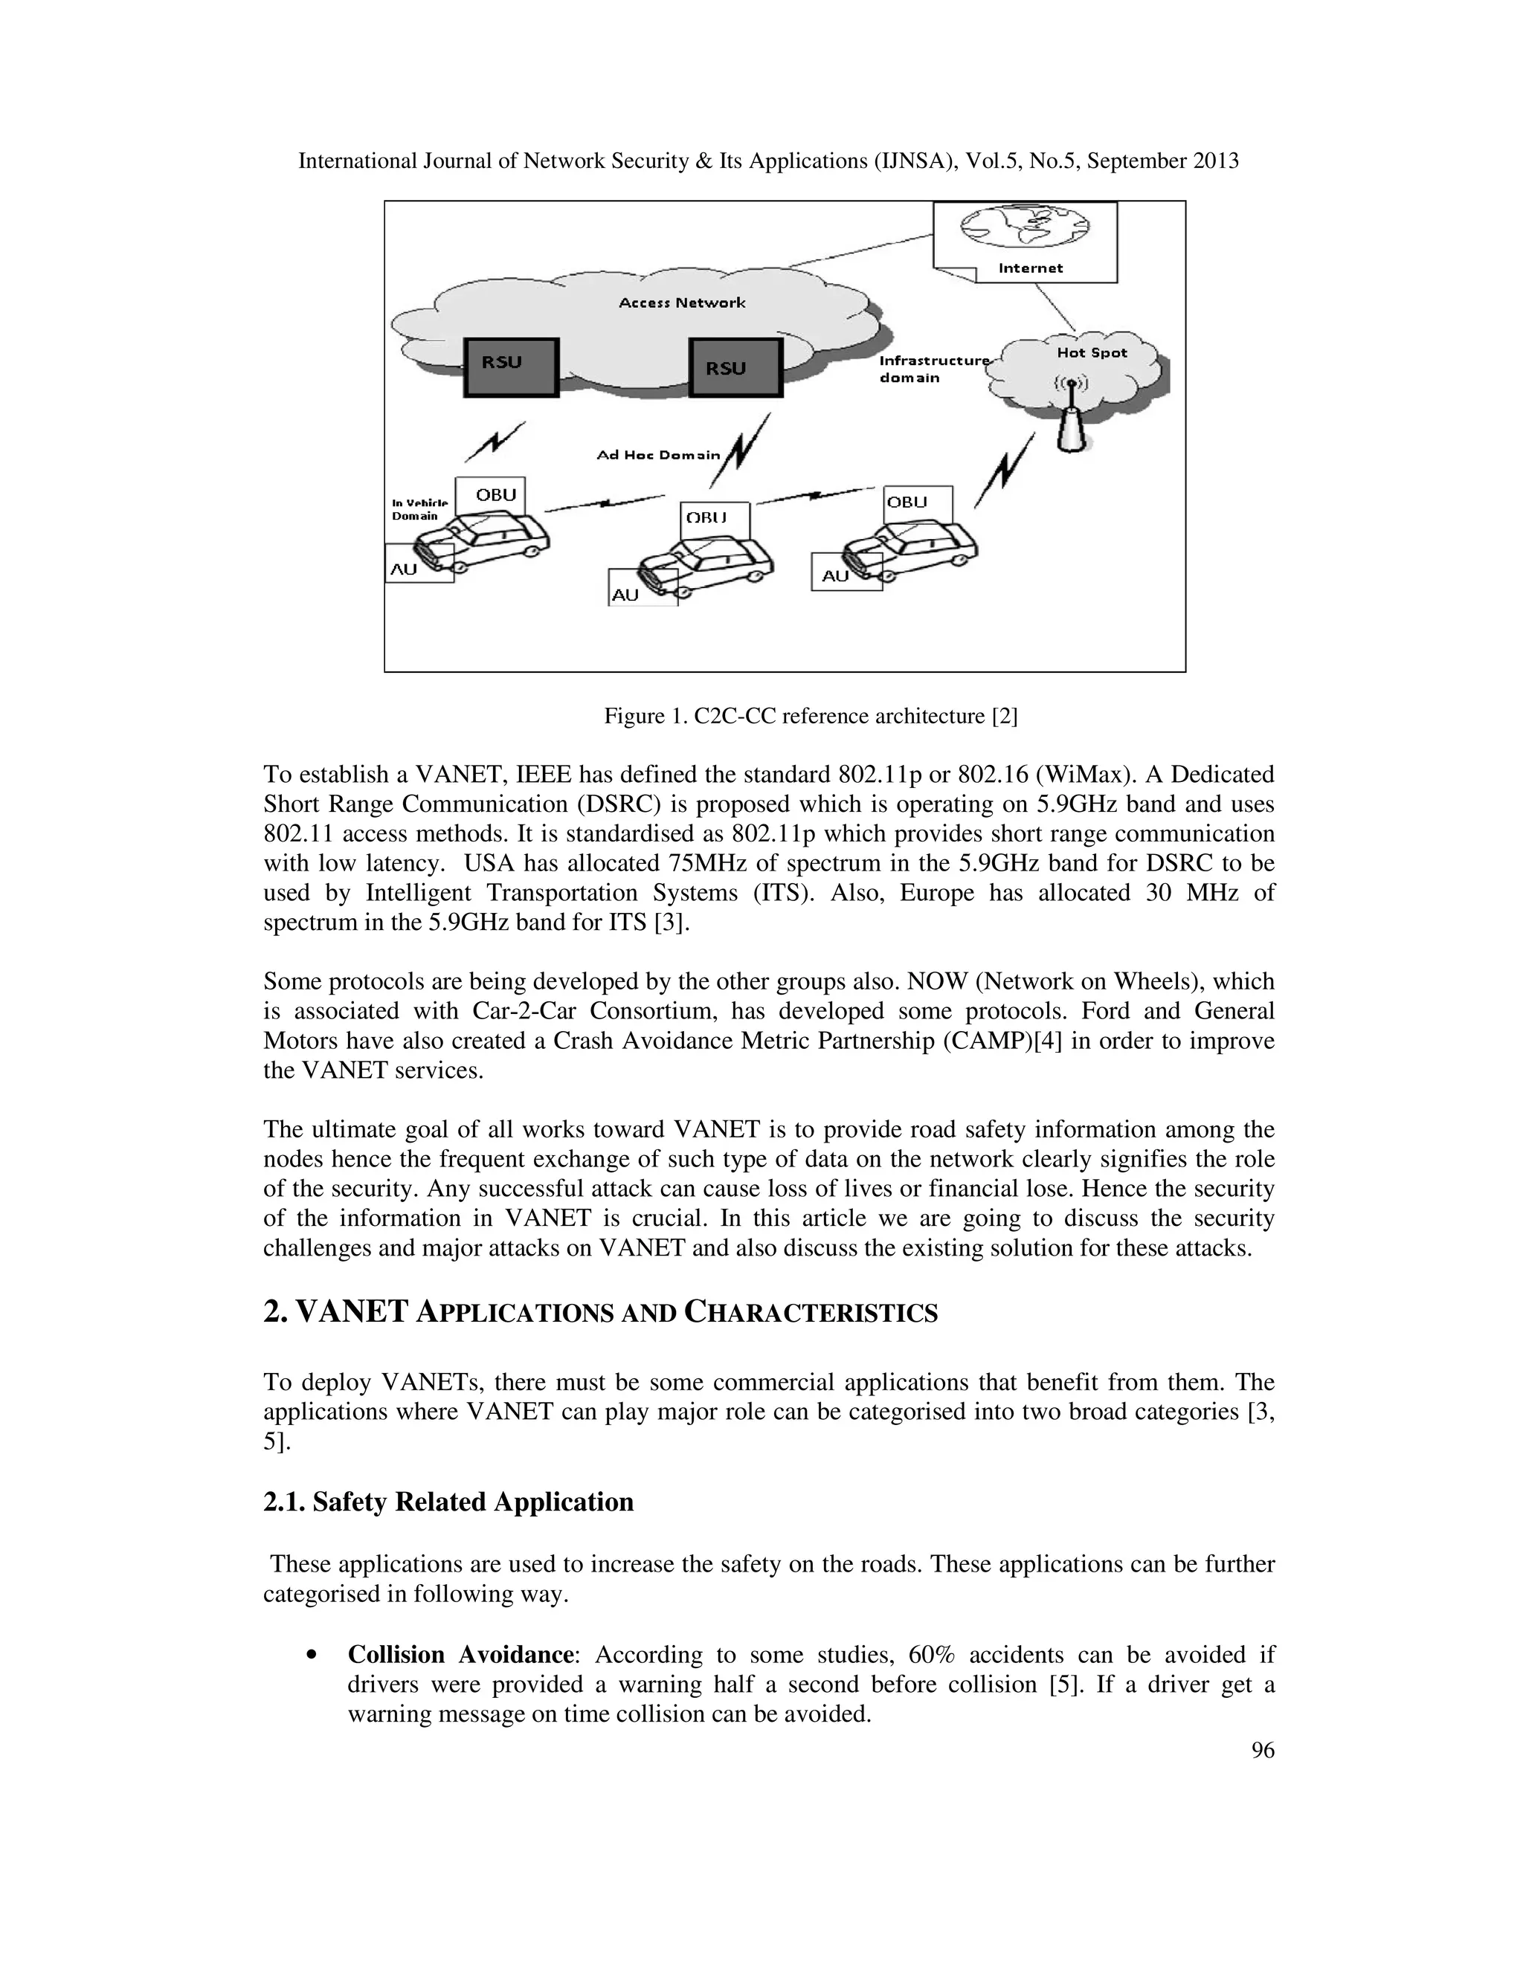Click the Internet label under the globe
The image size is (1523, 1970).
coord(1031,268)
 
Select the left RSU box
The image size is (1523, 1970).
coord(511,367)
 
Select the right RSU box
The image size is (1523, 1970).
coord(735,368)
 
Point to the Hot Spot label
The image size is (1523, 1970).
coord(1092,352)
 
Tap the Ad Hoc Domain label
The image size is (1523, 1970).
coord(659,456)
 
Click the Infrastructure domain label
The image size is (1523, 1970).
coord(932,369)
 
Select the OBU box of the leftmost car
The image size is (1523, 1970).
coord(490,495)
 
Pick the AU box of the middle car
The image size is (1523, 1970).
coord(642,588)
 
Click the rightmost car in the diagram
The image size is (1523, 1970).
coord(911,546)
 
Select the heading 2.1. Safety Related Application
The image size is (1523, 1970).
coord(448,1502)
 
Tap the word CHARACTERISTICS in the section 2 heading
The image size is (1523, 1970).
coord(811,1314)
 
